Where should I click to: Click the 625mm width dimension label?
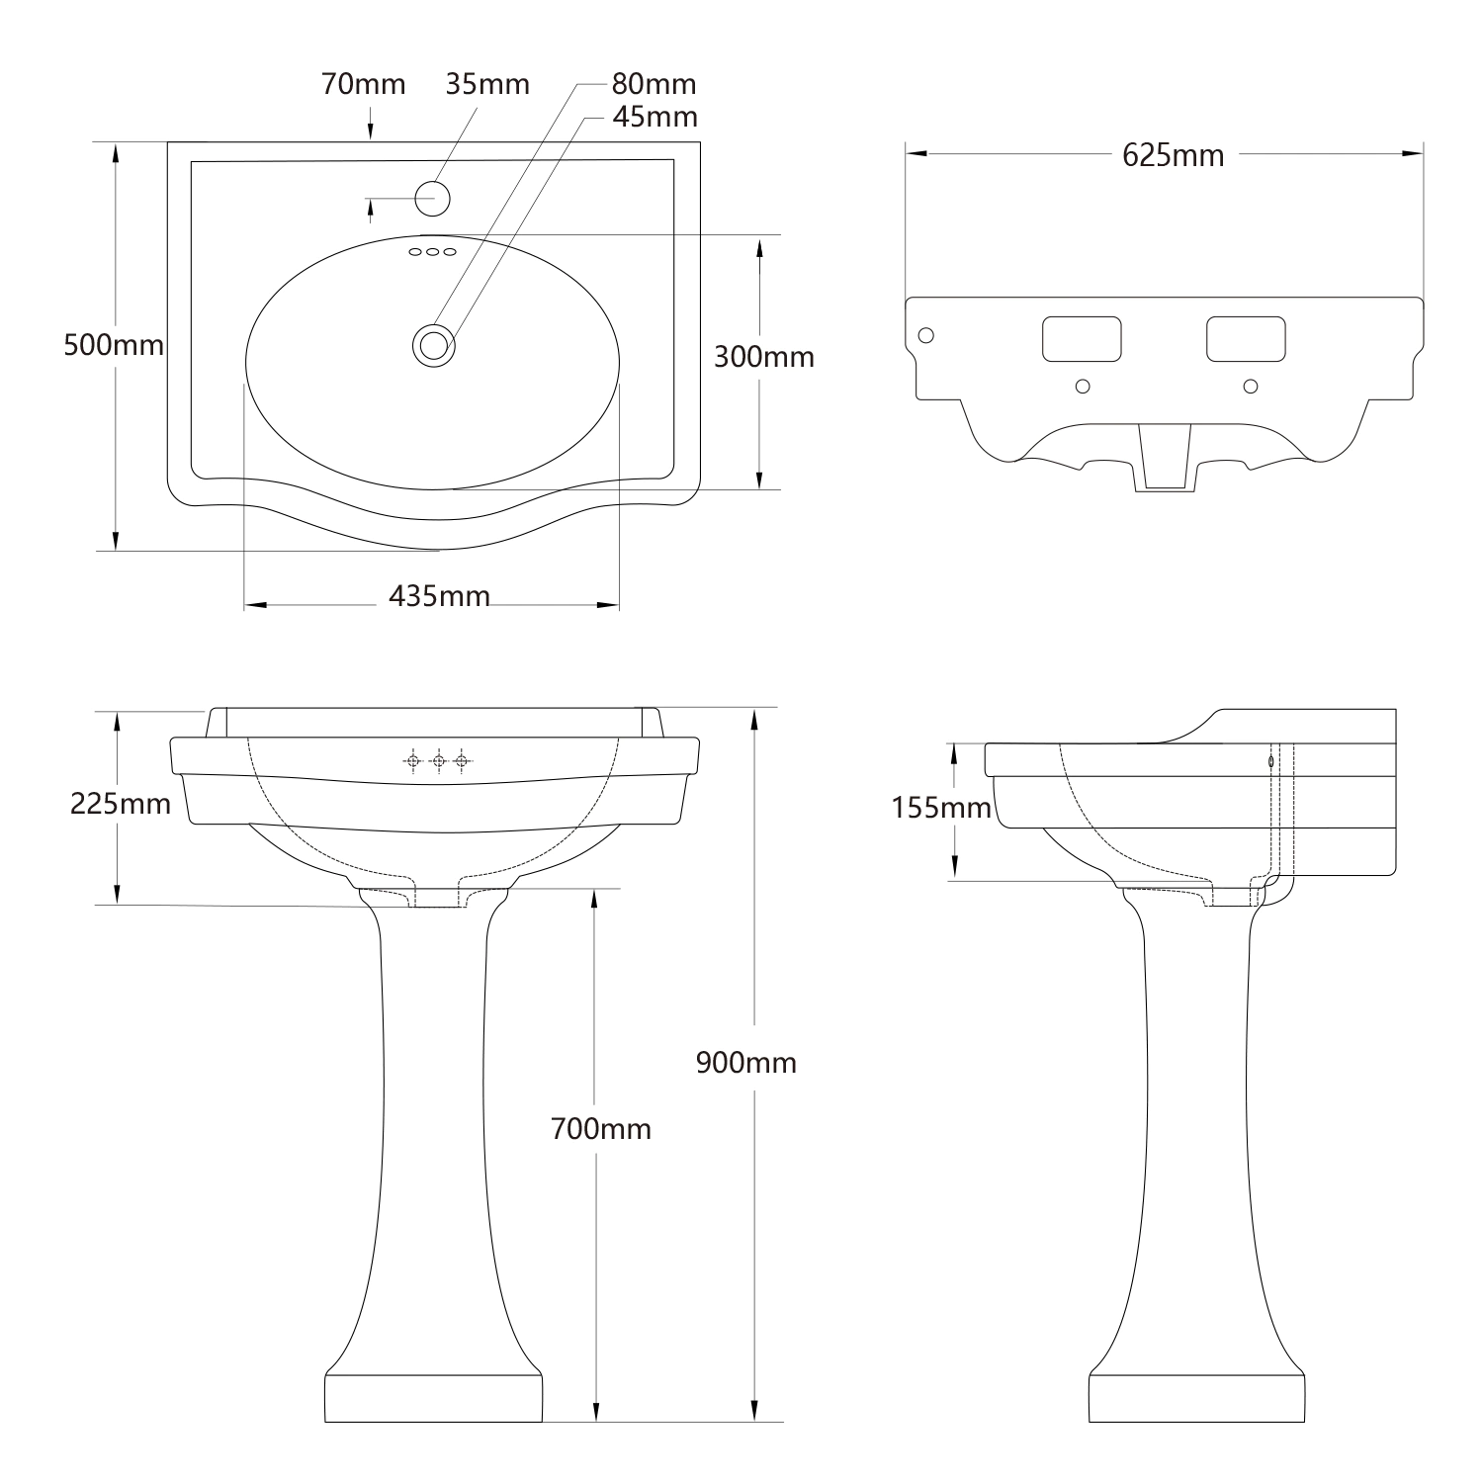coord(1173,155)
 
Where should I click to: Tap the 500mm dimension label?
coord(114,345)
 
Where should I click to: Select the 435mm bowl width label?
coord(439,596)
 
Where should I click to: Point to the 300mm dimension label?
coord(764,356)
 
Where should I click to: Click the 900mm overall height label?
coord(745,1063)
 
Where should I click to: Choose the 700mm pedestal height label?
coord(601,1128)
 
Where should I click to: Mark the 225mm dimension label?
coord(121,804)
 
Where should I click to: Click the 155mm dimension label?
coord(941,808)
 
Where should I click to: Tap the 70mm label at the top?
coord(363,85)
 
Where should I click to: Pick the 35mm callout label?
coord(487,84)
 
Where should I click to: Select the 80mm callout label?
coord(654,84)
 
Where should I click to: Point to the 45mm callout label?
coord(654,117)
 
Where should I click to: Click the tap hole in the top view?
coord(432,199)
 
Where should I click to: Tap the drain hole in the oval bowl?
coord(433,345)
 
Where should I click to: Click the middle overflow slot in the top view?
coord(433,252)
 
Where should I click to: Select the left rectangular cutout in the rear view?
coord(1082,339)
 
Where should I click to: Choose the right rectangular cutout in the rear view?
coord(1246,339)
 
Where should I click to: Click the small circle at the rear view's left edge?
coord(925,335)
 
